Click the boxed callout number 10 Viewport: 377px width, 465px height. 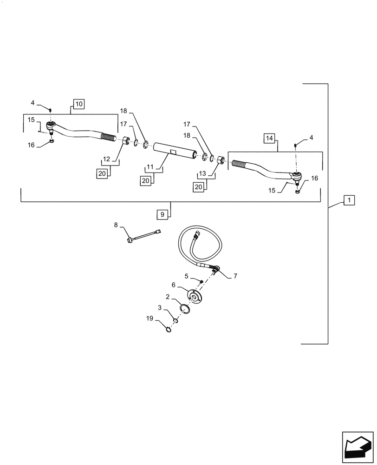(78, 104)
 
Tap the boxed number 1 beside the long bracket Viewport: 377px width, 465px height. (349, 200)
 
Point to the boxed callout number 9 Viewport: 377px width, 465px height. (162, 214)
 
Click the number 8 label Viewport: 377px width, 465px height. (116, 226)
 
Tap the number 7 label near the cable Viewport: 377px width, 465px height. (235, 276)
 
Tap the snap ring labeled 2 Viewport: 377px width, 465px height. (183, 308)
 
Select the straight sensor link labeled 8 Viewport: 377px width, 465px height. (144, 236)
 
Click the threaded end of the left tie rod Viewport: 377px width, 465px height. (108, 137)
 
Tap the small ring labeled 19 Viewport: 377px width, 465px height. (169, 330)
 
